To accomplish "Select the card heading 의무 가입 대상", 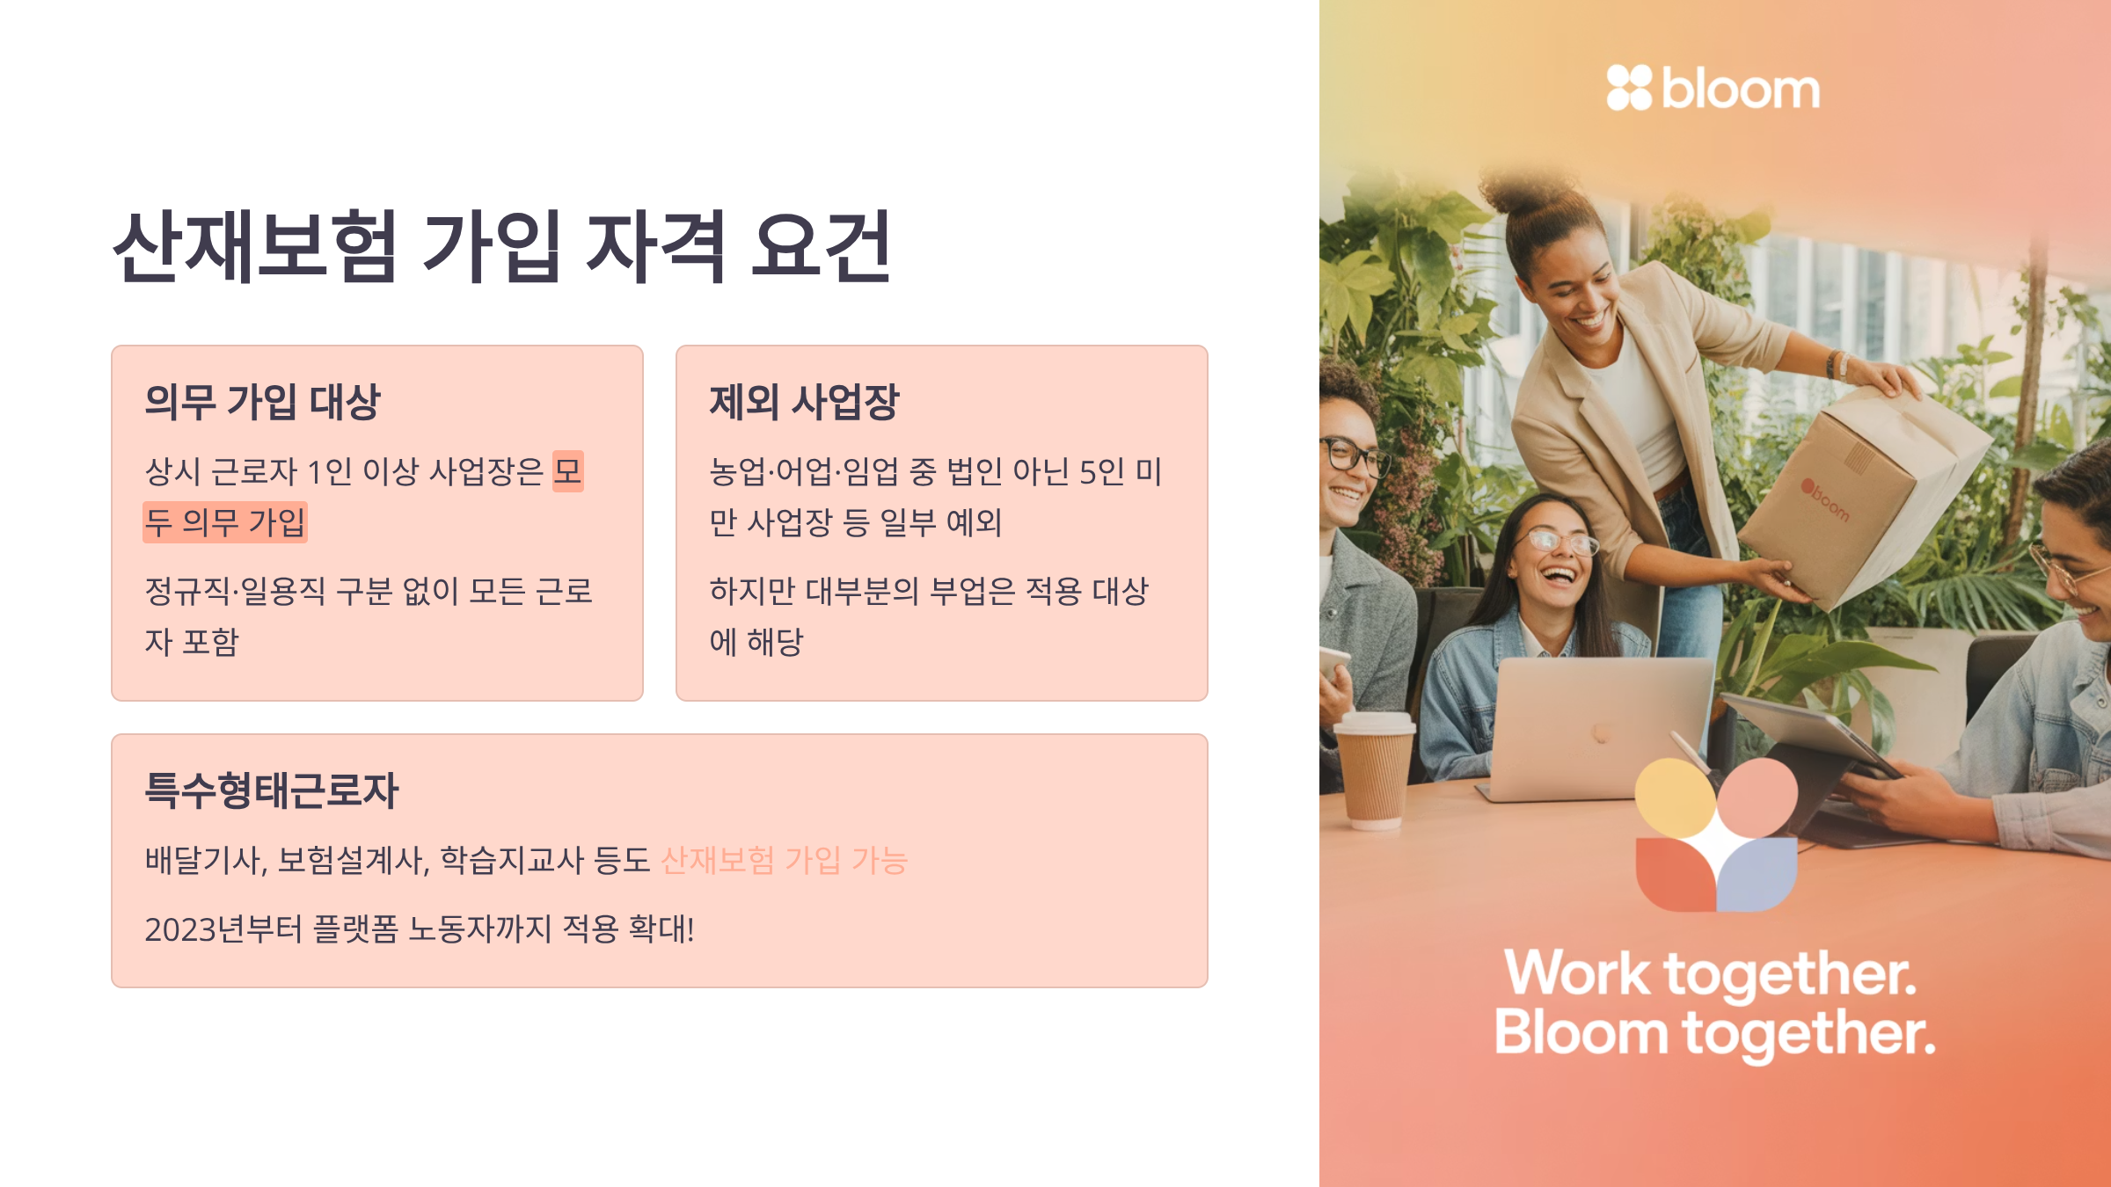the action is pos(262,402).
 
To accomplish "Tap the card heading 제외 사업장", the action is pos(804,402).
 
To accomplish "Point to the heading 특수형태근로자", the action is pos(272,790).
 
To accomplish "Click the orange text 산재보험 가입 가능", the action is pos(784,860).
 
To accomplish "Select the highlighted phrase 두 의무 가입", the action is pos(225,522).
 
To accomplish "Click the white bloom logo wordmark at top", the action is pos(1741,89).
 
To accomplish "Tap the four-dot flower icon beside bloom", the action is pos(1629,88).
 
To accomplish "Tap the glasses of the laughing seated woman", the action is pos(1562,541).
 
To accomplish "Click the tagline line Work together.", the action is pos(1711,974).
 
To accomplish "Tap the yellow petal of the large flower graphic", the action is pos(1674,798).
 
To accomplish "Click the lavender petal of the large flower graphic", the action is pos(1757,874).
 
